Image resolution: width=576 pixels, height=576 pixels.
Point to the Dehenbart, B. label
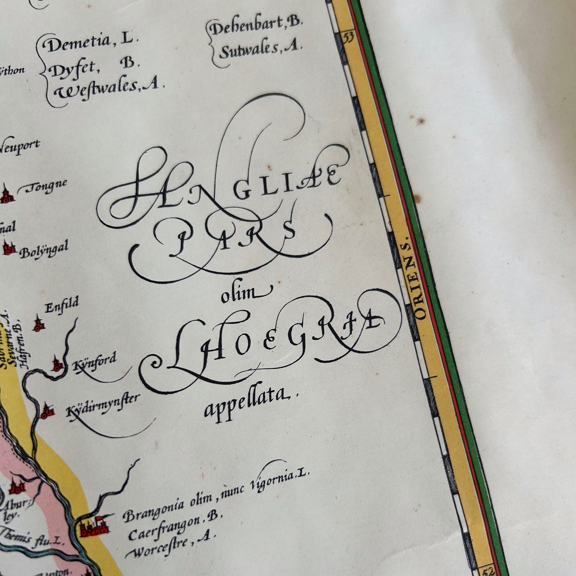pos(256,26)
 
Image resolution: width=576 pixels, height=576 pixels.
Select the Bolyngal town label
pos(44,250)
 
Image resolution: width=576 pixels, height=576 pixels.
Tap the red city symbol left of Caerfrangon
pos(94,527)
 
